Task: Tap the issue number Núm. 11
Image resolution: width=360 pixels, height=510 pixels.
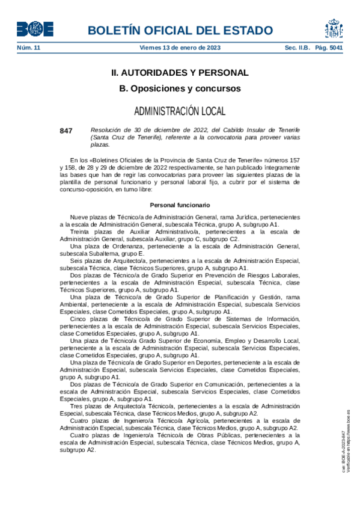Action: pos(28,48)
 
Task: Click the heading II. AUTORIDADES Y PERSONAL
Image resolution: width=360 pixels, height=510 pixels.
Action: pos(180,73)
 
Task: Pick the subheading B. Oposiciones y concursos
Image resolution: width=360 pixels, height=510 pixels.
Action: pos(180,88)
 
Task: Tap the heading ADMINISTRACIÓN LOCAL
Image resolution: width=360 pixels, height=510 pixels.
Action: pos(180,111)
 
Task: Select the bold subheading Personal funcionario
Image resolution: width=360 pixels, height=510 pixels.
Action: pos(180,205)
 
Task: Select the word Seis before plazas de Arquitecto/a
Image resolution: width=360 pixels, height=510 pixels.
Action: pos(76,260)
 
